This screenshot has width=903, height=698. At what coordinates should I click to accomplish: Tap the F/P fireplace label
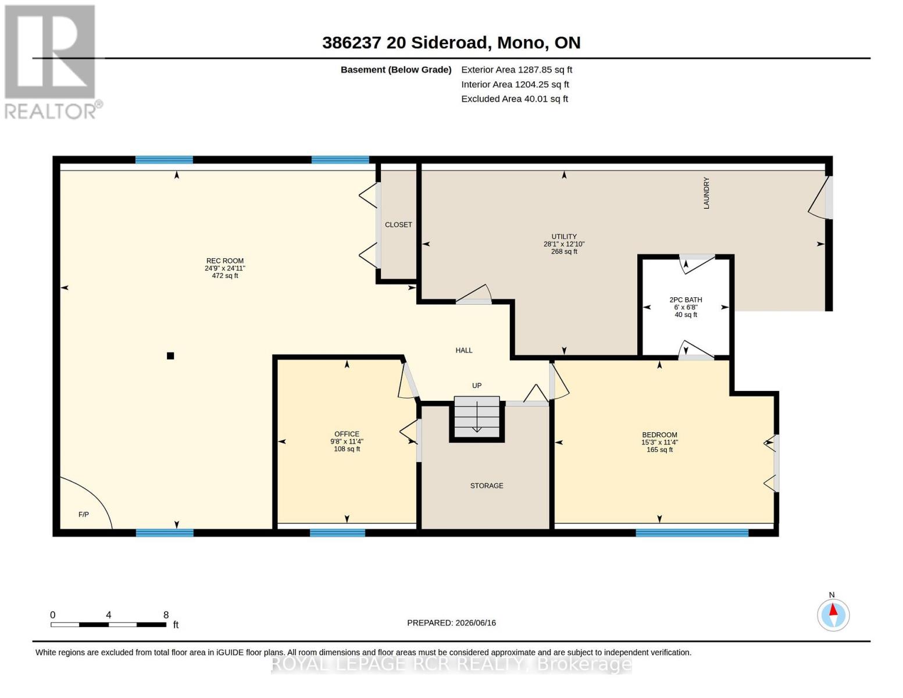(x=84, y=515)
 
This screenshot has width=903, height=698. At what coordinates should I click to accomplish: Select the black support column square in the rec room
(x=170, y=356)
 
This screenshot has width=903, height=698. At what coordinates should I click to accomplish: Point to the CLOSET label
(x=398, y=225)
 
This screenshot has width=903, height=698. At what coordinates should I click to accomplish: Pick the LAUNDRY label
(x=706, y=193)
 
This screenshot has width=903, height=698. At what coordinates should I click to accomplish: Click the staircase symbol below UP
(x=477, y=418)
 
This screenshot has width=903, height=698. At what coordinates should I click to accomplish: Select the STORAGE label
(x=487, y=486)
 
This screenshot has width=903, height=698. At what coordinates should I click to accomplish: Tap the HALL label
(x=464, y=351)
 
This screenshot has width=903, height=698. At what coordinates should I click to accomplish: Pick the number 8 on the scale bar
(x=166, y=615)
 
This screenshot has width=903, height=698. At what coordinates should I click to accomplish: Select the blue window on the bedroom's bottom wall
(x=692, y=533)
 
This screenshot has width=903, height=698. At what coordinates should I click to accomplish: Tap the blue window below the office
(x=337, y=533)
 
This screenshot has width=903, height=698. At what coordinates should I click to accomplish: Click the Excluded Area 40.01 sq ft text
(x=515, y=99)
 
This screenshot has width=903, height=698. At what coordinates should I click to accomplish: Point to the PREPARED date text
(x=451, y=623)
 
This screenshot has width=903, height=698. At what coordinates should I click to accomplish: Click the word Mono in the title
(x=520, y=42)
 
